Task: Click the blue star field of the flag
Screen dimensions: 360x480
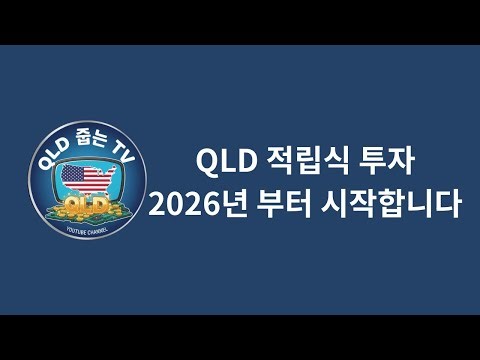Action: coord(73,176)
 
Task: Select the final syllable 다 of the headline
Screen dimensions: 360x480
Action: coord(446,205)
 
